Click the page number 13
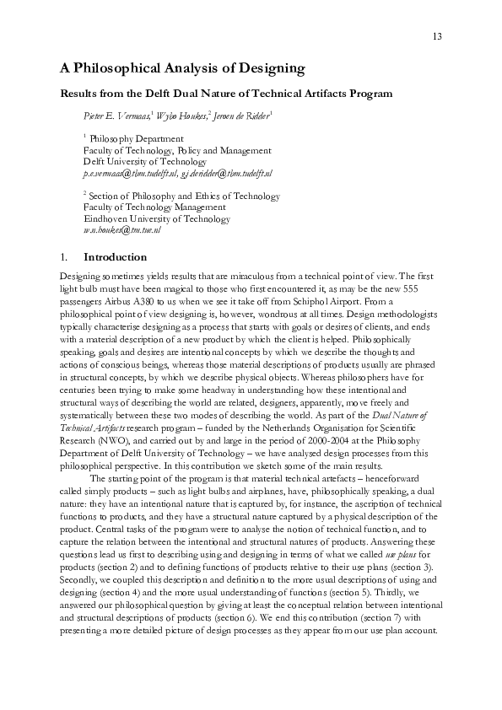(437, 36)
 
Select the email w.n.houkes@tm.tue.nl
(121, 229)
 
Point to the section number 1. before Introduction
(63, 257)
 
